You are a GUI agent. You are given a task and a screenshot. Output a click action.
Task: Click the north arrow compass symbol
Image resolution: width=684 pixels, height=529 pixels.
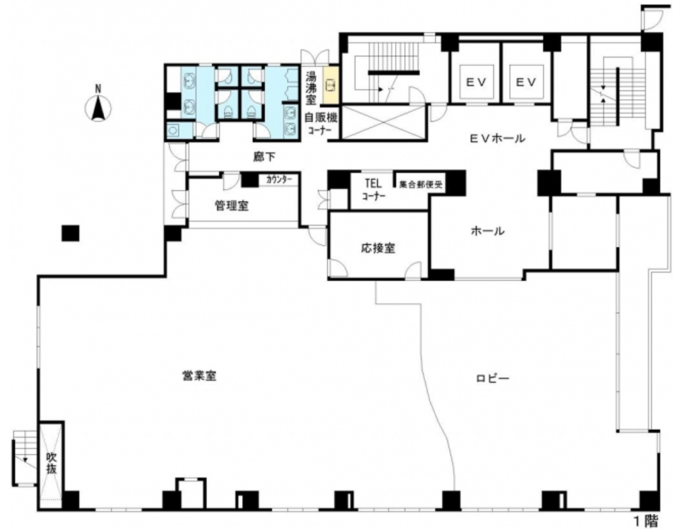pyautogui.click(x=98, y=106)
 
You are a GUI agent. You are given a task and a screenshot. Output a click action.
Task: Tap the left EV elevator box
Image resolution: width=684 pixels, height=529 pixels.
pyautogui.click(x=476, y=82)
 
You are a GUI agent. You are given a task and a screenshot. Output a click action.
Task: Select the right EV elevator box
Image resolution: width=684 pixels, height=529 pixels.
pyautogui.click(x=526, y=82)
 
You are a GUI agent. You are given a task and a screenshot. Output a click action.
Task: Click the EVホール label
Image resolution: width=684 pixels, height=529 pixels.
pyautogui.click(x=497, y=138)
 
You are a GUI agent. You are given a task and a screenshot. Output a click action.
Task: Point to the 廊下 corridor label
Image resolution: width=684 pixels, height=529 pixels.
pyautogui.click(x=265, y=157)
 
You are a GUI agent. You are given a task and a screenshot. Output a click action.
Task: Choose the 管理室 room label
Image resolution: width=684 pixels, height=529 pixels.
pyautogui.click(x=232, y=205)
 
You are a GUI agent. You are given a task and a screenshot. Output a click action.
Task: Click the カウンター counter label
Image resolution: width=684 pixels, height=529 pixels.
pyautogui.click(x=279, y=180)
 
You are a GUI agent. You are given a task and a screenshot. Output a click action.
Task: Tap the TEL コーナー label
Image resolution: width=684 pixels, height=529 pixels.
pyautogui.click(x=374, y=189)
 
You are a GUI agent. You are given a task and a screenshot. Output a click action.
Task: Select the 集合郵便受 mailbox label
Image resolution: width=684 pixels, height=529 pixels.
pyautogui.click(x=421, y=184)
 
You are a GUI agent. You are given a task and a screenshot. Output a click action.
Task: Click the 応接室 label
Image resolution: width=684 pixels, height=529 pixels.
pyautogui.click(x=378, y=248)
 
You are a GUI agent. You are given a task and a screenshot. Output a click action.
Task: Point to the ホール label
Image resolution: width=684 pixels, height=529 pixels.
pyautogui.click(x=487, y=231)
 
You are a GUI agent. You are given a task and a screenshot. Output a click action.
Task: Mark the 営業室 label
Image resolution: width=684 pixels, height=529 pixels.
pyautogui.click(x=200, y=375)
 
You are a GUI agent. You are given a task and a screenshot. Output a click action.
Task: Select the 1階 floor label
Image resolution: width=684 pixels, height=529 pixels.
pyautogui.click(x=646, y=521)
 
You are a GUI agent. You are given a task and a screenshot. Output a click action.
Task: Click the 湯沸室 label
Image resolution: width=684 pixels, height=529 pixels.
pyautogui.click(x=311, y=89)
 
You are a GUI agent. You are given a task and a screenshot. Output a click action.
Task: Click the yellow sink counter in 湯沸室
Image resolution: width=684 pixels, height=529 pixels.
pyautogui.click(x=331, y=84)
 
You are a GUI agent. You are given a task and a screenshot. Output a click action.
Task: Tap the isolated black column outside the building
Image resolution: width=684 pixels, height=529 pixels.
pyautogui.click(x=70, y=233)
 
